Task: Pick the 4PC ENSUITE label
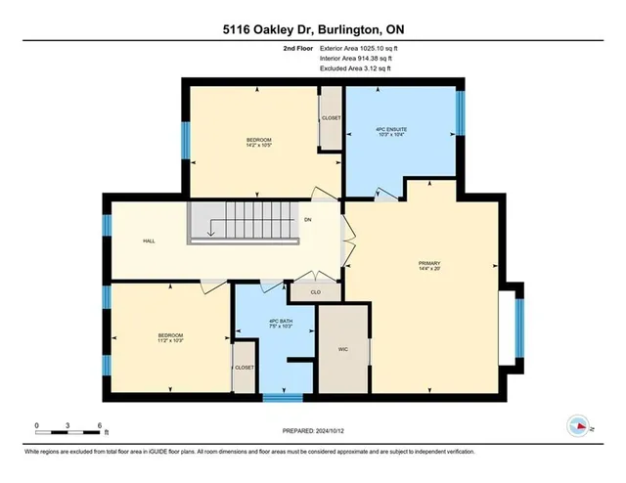click(x=403, y=131)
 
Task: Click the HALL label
click(x=149, y=241)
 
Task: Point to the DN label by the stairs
click(x=307, y=220)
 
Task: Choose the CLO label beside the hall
click(x=315, y=291)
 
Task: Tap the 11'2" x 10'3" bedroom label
click(x=170, y=339)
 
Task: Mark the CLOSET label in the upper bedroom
click(x=332, y=117)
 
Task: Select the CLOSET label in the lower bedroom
click(x=244, y=368)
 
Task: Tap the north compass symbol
click(x=579, y=425)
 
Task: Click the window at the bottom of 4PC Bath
click(x=282, y=397)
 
